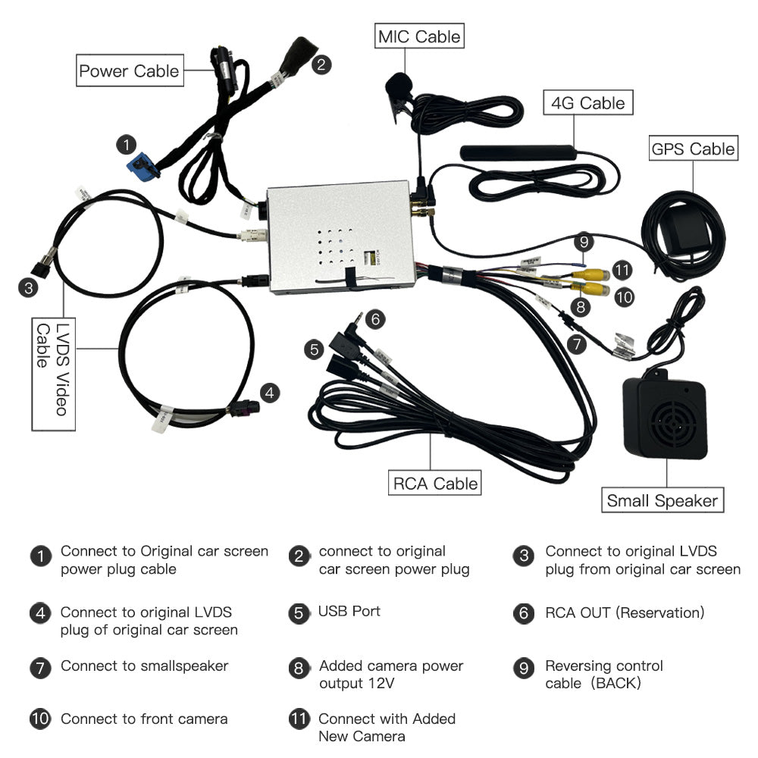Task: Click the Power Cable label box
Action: (130, 71)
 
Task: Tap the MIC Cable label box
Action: (419, 36)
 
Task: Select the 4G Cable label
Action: (588, 102)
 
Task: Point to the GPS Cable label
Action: (693, 149)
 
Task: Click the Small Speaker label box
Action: (662, 500)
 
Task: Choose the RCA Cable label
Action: (435, 483)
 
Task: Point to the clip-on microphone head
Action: (397, 87)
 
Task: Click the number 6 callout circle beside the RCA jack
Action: (375, 320)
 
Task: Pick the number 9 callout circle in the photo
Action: (583, 243)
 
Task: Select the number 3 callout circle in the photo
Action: (28, 287)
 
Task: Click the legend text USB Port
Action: (349, 611)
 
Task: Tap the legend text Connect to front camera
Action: (144, 719)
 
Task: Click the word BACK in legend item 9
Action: (618, 683)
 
